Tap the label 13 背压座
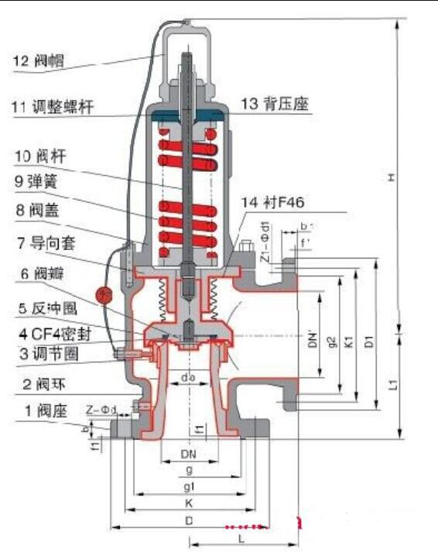point(275,105)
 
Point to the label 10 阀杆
point(41,156)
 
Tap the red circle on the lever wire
point(101,294)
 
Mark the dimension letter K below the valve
point(188,503)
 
